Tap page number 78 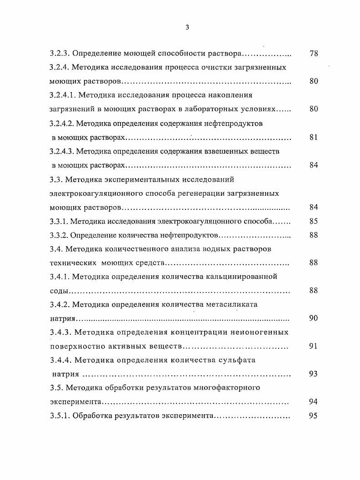313,54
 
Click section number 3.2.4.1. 65,95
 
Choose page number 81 313,138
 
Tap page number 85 313,222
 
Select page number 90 313,318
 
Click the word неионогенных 260,332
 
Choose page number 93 313,374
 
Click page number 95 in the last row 313,416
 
